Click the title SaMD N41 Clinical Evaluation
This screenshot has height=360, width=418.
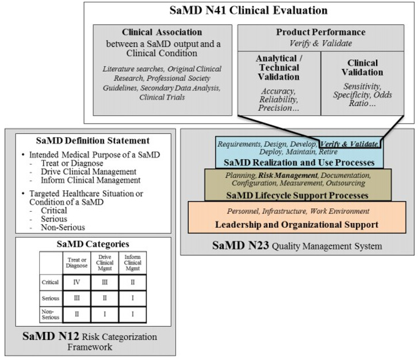click(x=248, y=10)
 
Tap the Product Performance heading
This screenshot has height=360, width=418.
click(x=320, y=32)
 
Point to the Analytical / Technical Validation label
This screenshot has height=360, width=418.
click(x=278, y=68)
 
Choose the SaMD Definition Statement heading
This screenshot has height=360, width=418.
click(x=93, y=140)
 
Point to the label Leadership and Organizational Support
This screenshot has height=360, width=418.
click(x=297, y=224)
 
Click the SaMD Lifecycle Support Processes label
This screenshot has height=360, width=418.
click(x=297, y=196)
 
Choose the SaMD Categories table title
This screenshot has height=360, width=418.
click(x=93, y=244)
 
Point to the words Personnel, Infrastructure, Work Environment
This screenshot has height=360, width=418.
click(x=297, y=211)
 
